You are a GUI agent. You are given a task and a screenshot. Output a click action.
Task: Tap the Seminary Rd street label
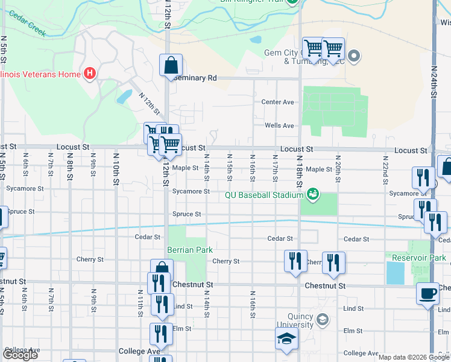195,78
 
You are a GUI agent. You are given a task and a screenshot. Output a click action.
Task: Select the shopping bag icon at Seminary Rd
171,64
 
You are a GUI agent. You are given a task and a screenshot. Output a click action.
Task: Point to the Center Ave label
277,102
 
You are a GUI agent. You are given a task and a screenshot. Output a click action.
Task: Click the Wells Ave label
279,125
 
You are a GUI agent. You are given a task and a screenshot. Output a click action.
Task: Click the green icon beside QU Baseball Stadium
313,194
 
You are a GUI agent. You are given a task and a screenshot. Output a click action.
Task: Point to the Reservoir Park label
418,258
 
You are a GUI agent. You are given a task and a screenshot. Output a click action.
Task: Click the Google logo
20,355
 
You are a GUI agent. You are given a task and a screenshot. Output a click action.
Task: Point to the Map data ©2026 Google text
413,357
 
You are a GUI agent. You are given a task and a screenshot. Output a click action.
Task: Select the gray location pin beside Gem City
354,57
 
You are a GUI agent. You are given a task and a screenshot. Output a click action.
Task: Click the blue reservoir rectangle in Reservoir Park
396,273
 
